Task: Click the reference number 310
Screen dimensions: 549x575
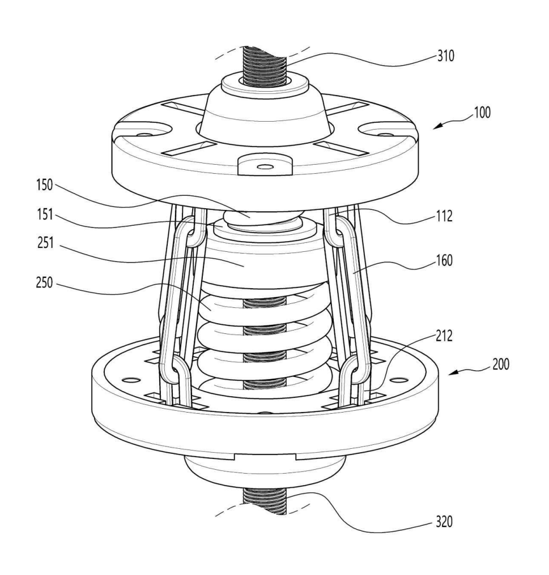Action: coord(445,56)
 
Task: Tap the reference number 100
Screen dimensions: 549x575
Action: coord(482,112)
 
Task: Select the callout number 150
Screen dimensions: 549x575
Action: coord(44,185)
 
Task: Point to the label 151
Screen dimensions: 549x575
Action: coord(45,214)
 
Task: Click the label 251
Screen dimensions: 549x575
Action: coord(45,243)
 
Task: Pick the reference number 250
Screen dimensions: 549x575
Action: coord(44,283)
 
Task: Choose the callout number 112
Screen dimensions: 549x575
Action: coord(444,216)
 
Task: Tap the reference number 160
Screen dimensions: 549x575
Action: coord(444,261)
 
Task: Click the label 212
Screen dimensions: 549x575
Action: coord(444,336)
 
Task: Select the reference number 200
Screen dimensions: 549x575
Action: coord(500,364)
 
